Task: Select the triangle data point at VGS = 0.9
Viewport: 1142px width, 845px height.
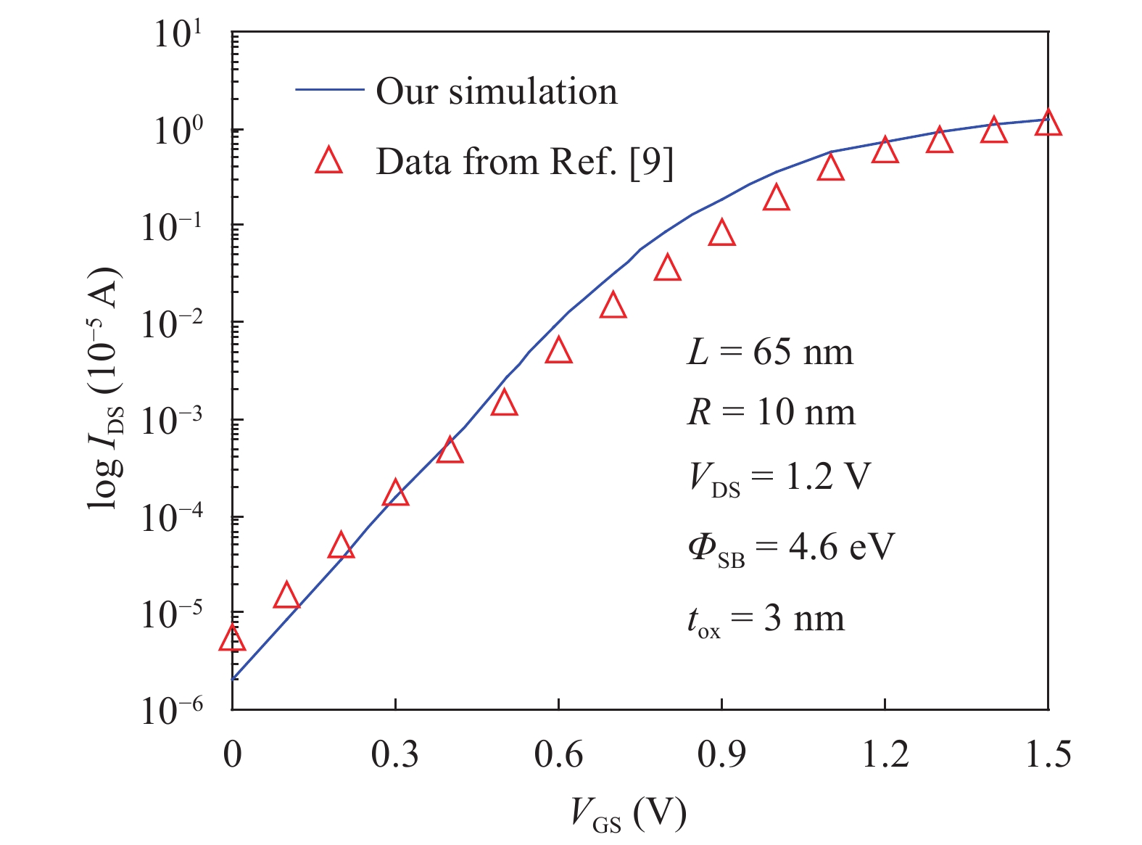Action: coord(722,234)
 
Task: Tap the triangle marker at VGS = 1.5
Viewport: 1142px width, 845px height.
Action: coord(1048,124)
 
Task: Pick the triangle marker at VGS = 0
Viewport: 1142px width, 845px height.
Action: coord(232,639)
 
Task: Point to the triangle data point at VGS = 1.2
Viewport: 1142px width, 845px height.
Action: coord(885,151)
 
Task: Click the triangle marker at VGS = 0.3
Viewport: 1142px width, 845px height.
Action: coord(395,494)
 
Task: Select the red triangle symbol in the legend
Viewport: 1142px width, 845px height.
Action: coord(328,161)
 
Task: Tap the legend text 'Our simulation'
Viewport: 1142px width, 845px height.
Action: coord(497,91)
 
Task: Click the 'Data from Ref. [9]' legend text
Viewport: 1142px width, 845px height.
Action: coord(524,162)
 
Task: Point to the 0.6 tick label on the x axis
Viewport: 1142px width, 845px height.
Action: coord(558,755)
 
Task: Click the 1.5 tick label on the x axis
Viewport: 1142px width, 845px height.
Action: coord(1048,755)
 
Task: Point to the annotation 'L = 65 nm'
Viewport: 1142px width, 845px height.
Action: coord(770,353)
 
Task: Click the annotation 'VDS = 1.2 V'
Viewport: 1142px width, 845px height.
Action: coord(779,479)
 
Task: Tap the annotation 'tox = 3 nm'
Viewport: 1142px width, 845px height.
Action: coord(766,620)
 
